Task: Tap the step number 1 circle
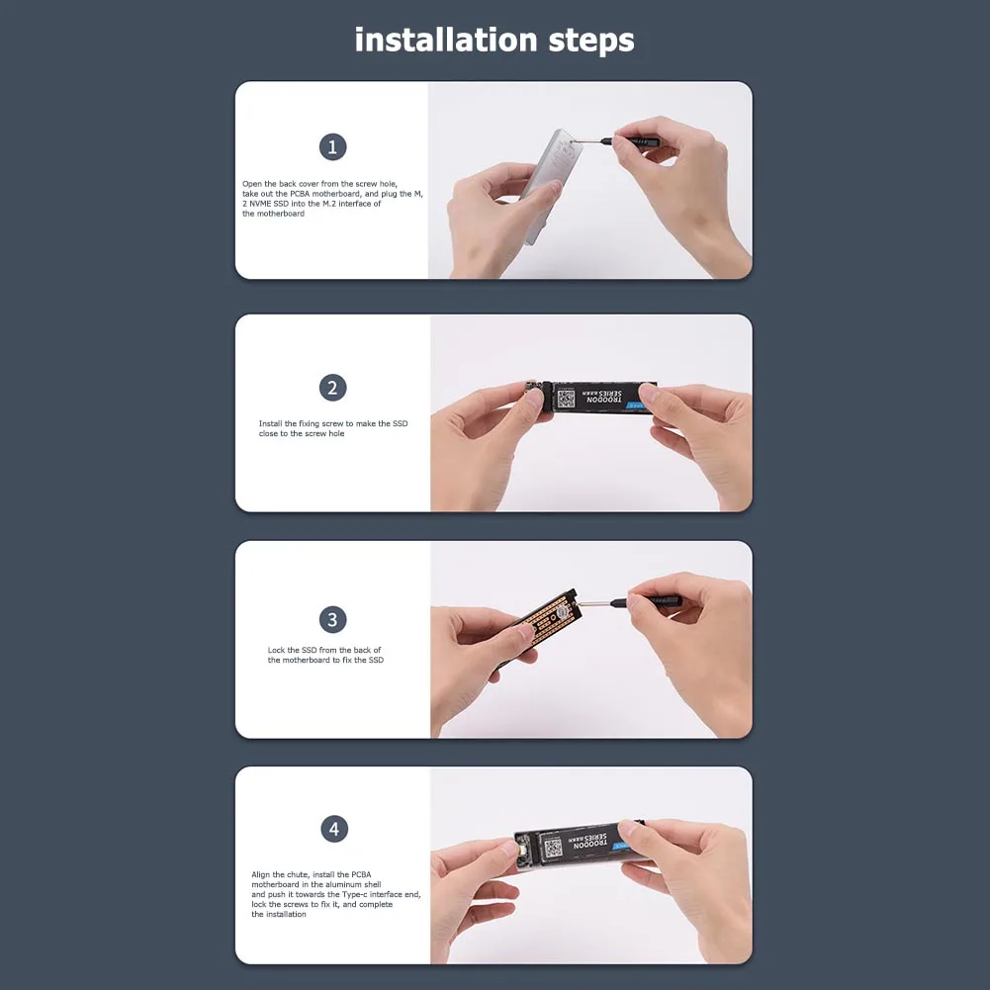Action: click(332, 147)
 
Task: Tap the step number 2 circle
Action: click(332, 388)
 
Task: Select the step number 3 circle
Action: click(332, 620)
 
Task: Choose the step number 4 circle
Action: click(333, 829)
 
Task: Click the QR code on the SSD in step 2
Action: click(565, 399)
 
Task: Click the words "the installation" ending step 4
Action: click(279, 914)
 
